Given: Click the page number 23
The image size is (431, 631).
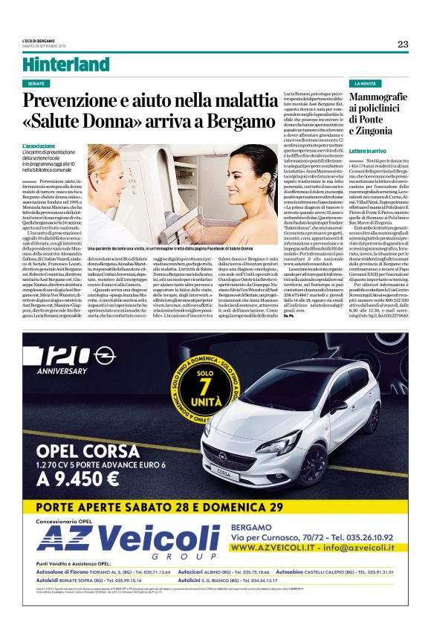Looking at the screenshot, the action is tap(402, 44).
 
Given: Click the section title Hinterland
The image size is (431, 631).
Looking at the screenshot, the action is tap(65, 64).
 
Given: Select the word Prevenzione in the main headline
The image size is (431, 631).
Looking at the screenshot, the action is tap(94, 100).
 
